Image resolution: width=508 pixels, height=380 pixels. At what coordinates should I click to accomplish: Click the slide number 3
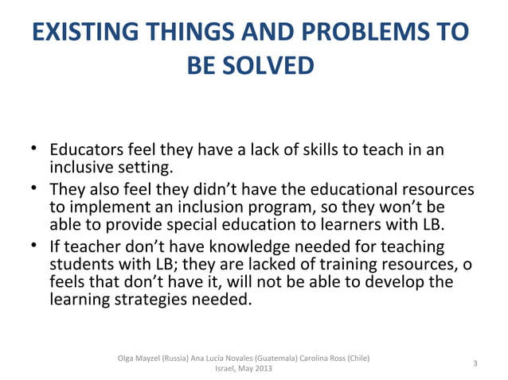pos(475,363)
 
